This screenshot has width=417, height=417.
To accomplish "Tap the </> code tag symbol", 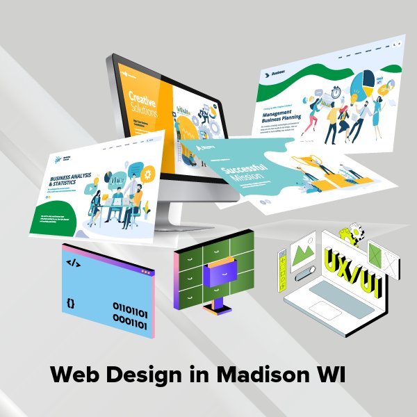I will (x=72, y=263).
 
